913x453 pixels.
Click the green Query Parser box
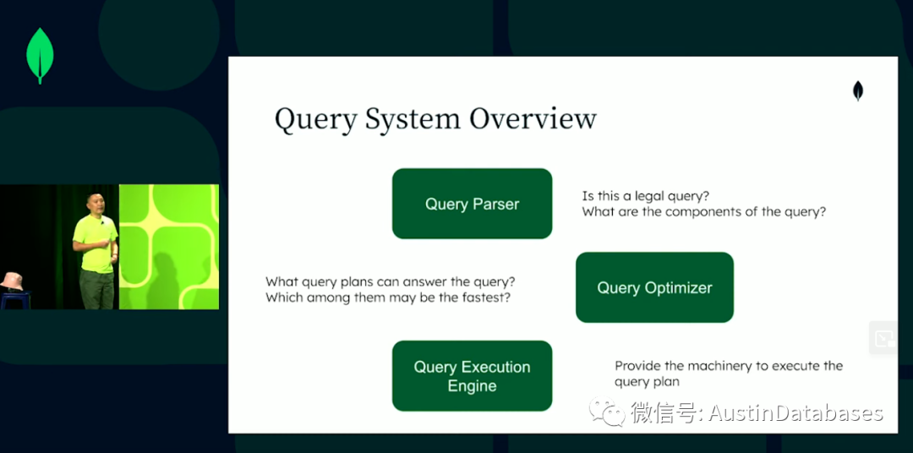[x=473, y=204]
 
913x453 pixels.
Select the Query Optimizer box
[x=654, y=287]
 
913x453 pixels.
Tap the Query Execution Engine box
[x=473, y=376]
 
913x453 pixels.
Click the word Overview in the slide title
[x=533, y=119]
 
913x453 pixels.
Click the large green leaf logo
[x=41, y=55]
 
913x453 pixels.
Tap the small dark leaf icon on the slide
[x=858, y=90]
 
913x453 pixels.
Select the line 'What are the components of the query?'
[x=704, y=212]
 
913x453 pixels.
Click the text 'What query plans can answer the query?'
[x=391, y=281]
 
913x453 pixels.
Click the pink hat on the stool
[x=11, y=281]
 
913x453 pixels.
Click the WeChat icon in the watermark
[x=607, y=412]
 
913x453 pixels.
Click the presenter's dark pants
[x=97, y=289]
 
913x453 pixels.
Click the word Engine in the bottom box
[x=473, y=386]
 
